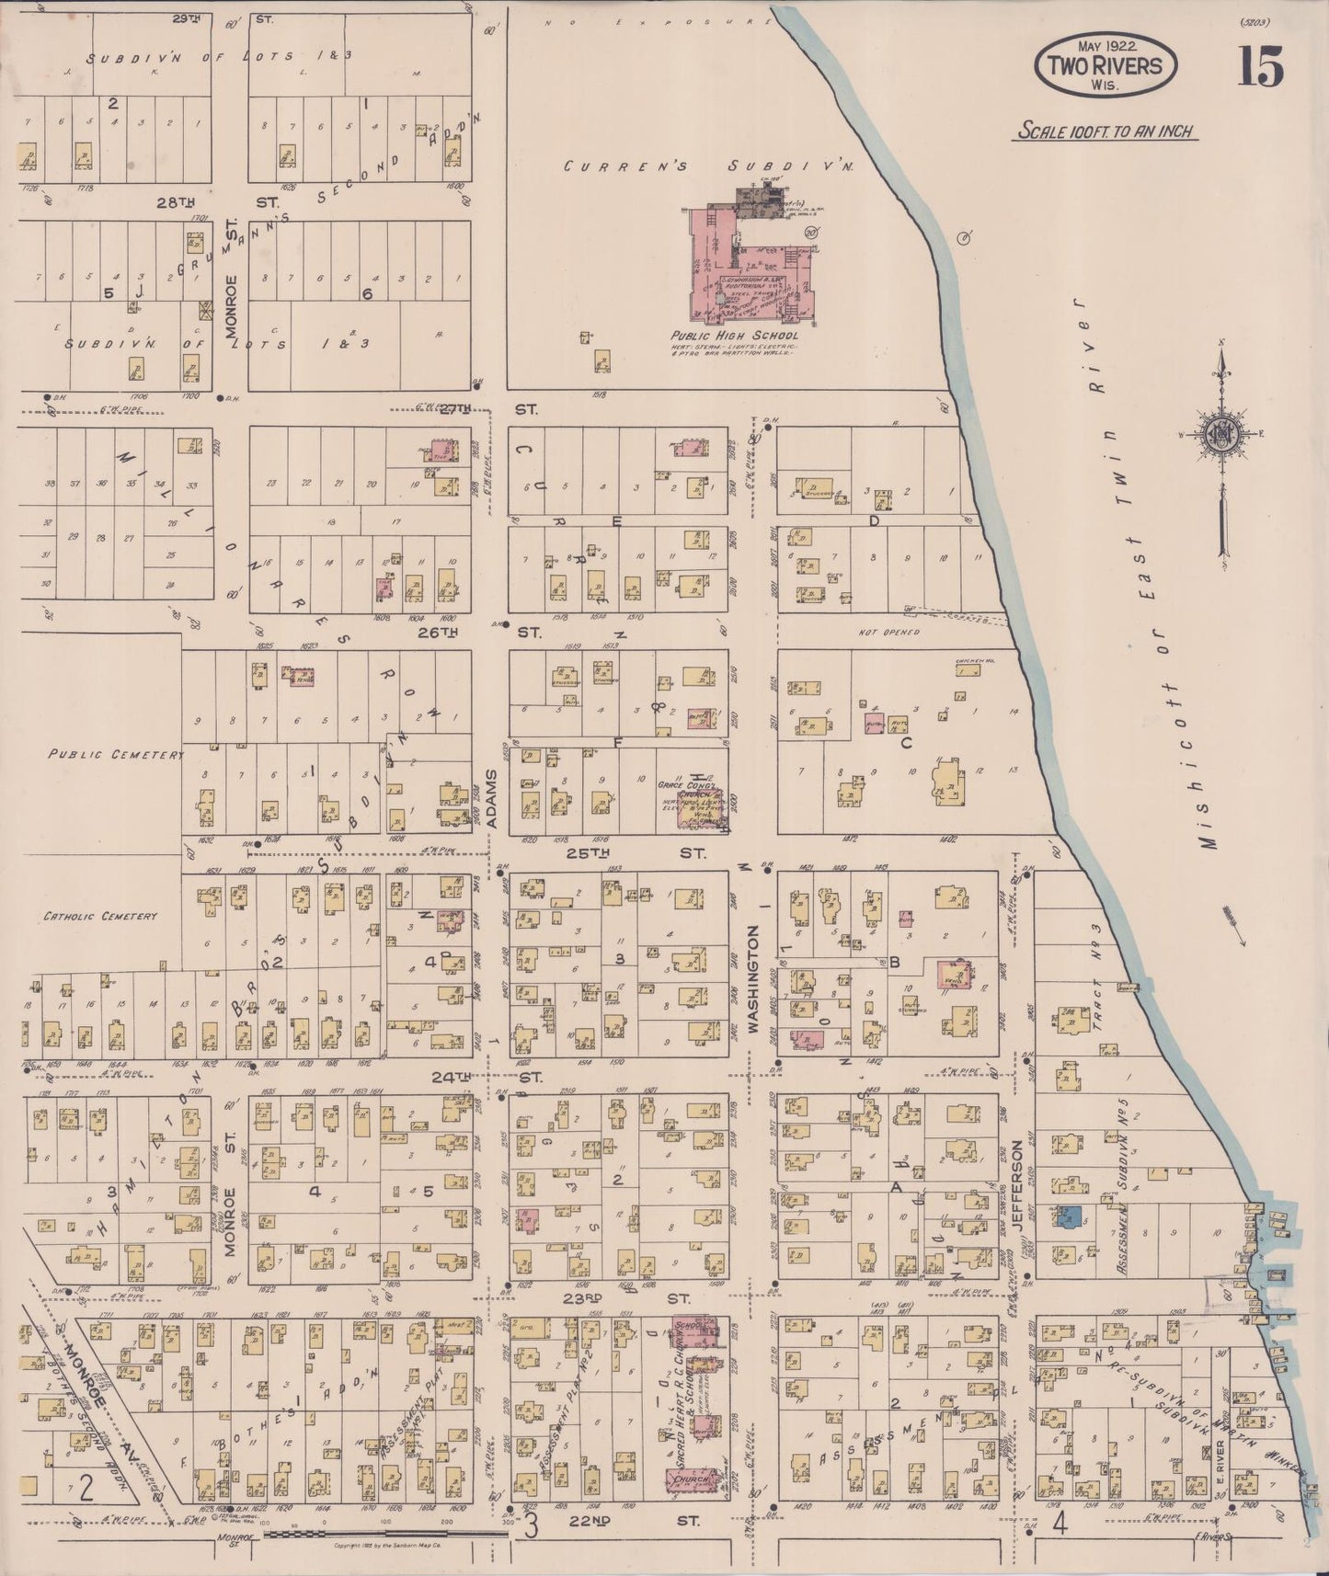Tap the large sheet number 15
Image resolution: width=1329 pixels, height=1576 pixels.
pos(1260,66)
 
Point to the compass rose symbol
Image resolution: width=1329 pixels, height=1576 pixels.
pos(1223,436)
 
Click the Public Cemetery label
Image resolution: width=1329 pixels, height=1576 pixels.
pos(117,754)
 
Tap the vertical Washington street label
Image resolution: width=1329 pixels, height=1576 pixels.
pos(753,981)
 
